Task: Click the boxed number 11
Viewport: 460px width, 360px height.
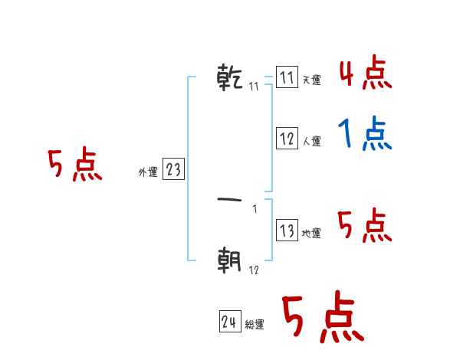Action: (287, 78)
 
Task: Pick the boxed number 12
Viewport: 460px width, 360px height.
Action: (287, 139)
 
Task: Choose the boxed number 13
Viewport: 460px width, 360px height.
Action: (287, 231)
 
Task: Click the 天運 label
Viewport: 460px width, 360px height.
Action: (311, 80)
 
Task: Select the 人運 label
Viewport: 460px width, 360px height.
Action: (311, 141)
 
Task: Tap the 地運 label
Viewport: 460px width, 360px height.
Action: (311, 234)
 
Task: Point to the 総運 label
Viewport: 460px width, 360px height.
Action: (255, 325)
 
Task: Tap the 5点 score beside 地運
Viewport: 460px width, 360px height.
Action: (365, 225)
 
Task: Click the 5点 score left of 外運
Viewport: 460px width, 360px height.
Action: (74, 165)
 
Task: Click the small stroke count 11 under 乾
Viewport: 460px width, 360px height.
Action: (255, 87)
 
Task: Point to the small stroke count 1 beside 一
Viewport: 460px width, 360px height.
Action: (255, 210)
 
